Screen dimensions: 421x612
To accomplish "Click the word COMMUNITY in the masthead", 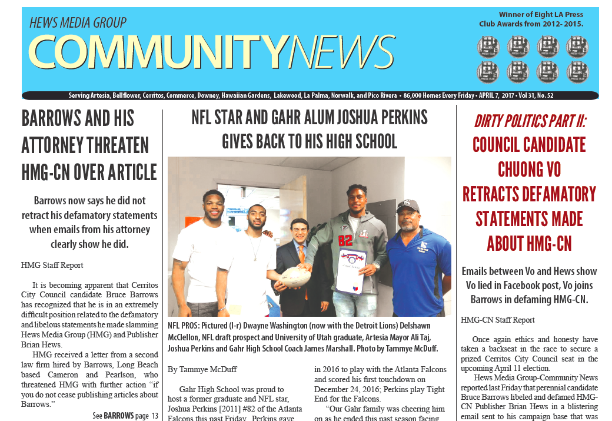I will point(159,52).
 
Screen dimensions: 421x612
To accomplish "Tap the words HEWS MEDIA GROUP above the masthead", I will point(78,23).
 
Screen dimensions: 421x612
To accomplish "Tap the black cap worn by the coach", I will point(407,205).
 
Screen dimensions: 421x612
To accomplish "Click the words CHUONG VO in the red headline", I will point(529,170).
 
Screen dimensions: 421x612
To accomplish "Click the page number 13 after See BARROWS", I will point(154,416).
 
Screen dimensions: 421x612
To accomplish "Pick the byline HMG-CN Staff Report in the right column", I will point(498,320).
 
